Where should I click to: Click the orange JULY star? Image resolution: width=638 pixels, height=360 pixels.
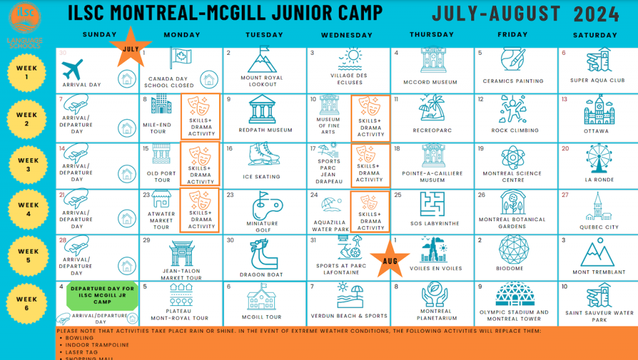[x=131, y=47]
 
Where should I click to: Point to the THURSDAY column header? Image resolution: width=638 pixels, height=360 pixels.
[x=432, y=35]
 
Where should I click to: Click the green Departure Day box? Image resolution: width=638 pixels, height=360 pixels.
[x=102, y=295]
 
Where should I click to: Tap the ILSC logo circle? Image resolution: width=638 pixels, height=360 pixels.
[x=26, y=17]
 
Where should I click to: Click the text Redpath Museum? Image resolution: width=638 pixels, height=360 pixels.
[x=265, y=131]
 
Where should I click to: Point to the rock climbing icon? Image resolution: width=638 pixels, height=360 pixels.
[x=515, y=110]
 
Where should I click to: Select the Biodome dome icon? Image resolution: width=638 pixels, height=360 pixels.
[x=514, y=249]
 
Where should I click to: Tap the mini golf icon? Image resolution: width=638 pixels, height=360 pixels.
[x=264, y=204]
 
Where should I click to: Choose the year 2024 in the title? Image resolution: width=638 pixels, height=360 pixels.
[x=596, y=14]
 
